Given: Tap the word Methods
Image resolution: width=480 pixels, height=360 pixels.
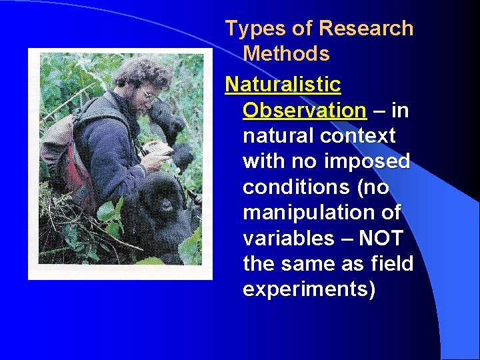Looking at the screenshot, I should point(286,54).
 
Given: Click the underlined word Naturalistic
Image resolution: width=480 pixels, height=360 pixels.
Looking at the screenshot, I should point(283,85).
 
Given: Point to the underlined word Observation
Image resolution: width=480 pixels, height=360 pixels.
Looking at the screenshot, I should point(304,110).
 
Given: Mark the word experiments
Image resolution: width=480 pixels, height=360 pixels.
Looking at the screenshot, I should point(309,289).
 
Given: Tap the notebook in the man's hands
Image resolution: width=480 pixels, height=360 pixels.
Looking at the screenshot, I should point(158,148).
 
